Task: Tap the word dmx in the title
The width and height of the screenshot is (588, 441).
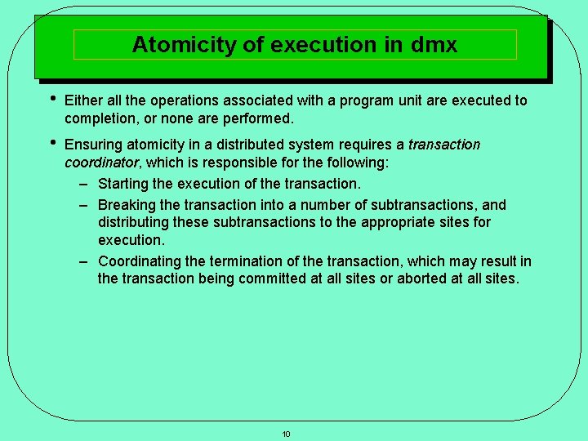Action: pyautogui.click(x=435, y=44)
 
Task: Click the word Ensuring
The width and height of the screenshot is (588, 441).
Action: pyautogui.click(x=93, y=145)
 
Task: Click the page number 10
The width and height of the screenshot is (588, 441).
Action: pyautogui.click(x=286, y=434)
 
